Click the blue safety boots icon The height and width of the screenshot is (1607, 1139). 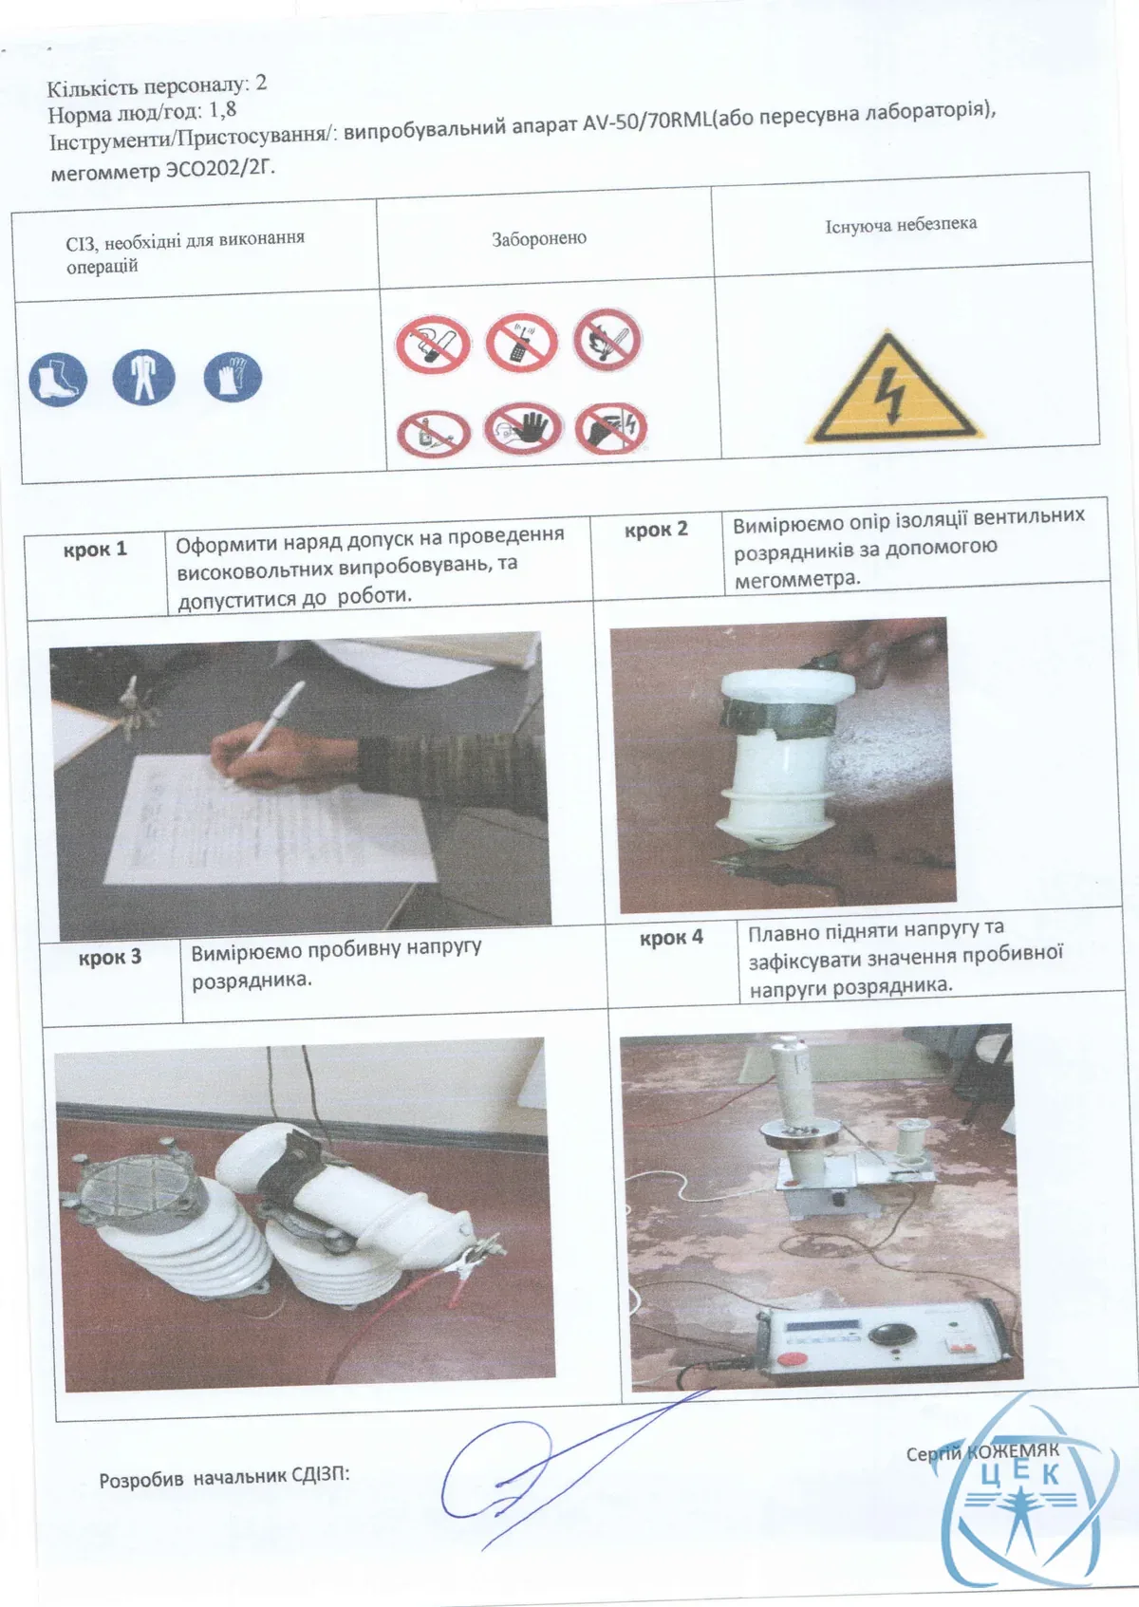click(58, 380)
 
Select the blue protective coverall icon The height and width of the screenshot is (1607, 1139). click(143, 378)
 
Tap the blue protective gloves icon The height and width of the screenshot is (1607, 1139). click(233, 377)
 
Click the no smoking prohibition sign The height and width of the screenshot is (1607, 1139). click(433, 345)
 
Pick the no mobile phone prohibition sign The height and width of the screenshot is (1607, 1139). click(521, 343)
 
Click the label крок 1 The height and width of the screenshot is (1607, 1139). click(95, 550)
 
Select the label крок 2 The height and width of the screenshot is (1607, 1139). click(656, 531)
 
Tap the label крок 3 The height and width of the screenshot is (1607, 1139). click(110, 957)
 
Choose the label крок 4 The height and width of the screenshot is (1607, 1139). click(671, 938)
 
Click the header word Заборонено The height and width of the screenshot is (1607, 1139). click(539, 238)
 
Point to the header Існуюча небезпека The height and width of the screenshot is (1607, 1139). click(901, 225)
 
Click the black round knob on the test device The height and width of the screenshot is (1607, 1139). click(893, 1334)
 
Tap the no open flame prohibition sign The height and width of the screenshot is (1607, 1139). click(607, 340)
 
